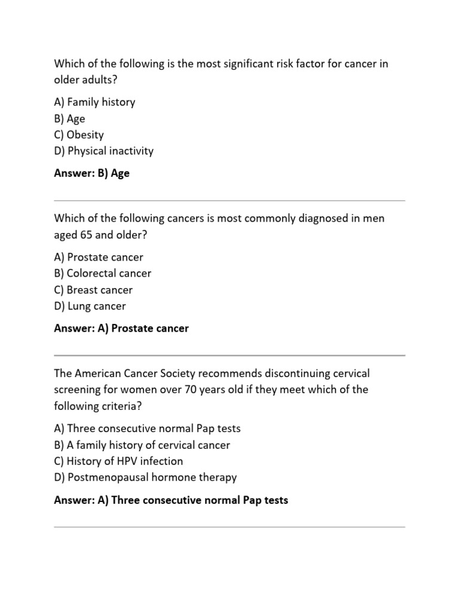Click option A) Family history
pos(94,102)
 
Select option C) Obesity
pos(78,134)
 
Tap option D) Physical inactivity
pos(103,151)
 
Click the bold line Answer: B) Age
pos(91,174)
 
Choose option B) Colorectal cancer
pos(102,274)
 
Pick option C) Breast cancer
pos(93,290)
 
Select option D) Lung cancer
pos(90,306)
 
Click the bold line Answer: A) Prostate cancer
pos(121,329)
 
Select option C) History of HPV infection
pos(118,461)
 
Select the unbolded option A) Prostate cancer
pos(99,258)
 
